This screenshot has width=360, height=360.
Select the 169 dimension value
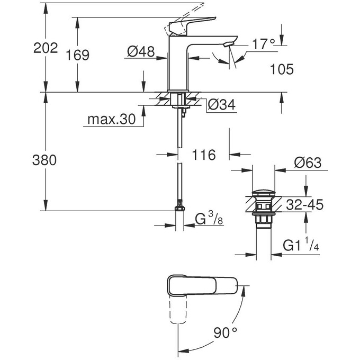[78, 55]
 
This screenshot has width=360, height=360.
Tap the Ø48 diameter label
[141, 51]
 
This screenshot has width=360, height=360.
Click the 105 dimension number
[281, 70]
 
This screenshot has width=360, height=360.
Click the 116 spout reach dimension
[203, 155]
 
